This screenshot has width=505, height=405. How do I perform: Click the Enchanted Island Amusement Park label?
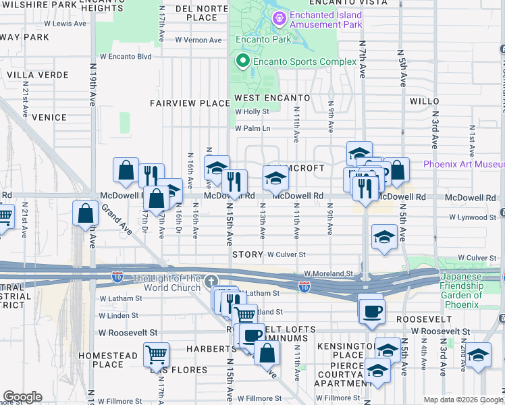(326, 20)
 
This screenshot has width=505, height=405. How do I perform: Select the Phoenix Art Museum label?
(464, 165)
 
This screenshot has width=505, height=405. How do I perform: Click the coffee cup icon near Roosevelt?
(371, 311)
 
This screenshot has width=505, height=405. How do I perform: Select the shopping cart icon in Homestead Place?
(156, 353)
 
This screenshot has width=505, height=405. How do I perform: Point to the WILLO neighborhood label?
(425, 101)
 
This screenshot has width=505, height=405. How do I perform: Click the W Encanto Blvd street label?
(126, 57)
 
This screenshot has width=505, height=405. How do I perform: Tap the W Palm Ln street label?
(252, 128)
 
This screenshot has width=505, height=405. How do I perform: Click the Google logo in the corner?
(22, 397)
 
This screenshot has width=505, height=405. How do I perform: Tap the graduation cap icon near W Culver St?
(384, 237)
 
